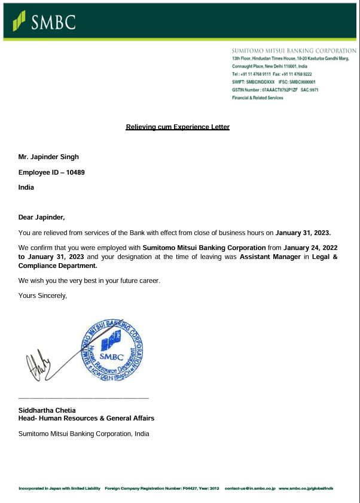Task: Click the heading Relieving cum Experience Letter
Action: (x=178, y=127)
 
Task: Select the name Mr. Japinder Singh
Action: (x=48, y=157)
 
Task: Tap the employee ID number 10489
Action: (x=75, y=172)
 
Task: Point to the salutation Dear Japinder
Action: (x=41, y=217)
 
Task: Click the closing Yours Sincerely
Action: (x=42, y=295)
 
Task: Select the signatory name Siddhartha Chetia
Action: (x=47, y=411)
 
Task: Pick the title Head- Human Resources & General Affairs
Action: (x=86, y=419)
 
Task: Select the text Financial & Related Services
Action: (x=257, y=97)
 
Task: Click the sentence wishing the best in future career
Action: (x=89, y=281)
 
